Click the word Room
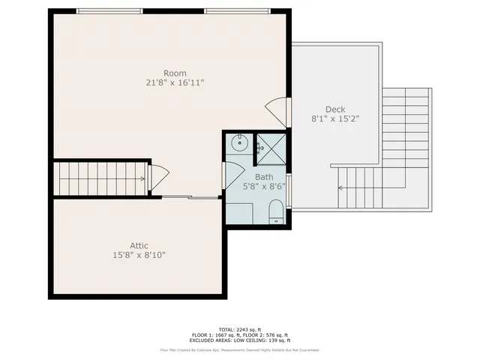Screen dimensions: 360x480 pos(175,73)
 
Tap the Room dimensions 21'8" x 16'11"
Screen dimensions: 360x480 pos(175,82)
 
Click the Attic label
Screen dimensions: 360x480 pos(139,245)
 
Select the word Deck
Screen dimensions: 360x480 pos(334,109)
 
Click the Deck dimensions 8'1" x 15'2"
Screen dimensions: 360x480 pos(334,118)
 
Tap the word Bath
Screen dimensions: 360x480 pos(253,178)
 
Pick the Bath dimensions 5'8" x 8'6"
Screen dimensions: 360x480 pos(253,187)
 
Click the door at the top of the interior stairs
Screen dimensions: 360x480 pos(158,177)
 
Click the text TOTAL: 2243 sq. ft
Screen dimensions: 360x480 pos(239,329)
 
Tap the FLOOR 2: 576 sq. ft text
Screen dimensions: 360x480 pos(267,334)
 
